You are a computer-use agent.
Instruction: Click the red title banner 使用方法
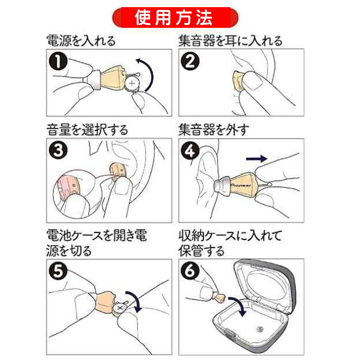tap(175, 17)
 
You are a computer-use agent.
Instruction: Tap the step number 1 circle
tap(58, 61)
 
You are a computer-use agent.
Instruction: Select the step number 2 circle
tap(190, 61)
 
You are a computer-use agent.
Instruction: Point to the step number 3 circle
tap(58, 150)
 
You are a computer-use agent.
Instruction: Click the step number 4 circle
tap(190, 150)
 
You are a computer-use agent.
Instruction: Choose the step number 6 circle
tap(190, 271)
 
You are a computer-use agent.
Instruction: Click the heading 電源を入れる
tap(81, 41)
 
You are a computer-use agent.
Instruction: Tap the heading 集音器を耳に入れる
tap(230, 41)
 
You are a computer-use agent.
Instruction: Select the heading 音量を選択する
tap(87, 130)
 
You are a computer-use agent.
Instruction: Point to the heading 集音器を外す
tap(213, 130)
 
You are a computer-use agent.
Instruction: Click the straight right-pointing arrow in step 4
tap(257, 159)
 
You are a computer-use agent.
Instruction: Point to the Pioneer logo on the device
tap(241, 185)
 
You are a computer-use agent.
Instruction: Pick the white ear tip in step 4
tap(222, 186)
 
